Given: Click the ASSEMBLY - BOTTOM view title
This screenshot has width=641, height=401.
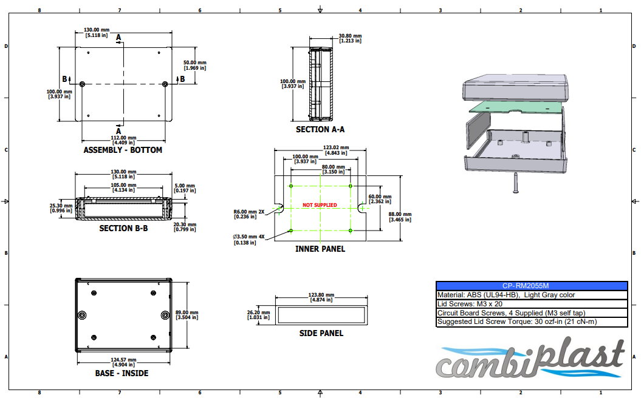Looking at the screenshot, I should [123, 150].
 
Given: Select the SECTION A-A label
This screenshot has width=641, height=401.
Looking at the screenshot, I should [320, 129].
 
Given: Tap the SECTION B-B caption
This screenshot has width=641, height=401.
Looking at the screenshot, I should [123, 228].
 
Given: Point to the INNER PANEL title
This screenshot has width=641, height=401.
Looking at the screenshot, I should [320, 249].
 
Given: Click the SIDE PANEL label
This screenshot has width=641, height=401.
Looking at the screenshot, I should [321, 333].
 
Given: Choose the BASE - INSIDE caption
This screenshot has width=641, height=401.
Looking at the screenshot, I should [122, 373].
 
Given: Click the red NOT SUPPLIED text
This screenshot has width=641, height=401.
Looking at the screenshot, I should [320, 205].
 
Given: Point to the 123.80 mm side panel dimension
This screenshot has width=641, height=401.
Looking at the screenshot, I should [321, 297].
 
